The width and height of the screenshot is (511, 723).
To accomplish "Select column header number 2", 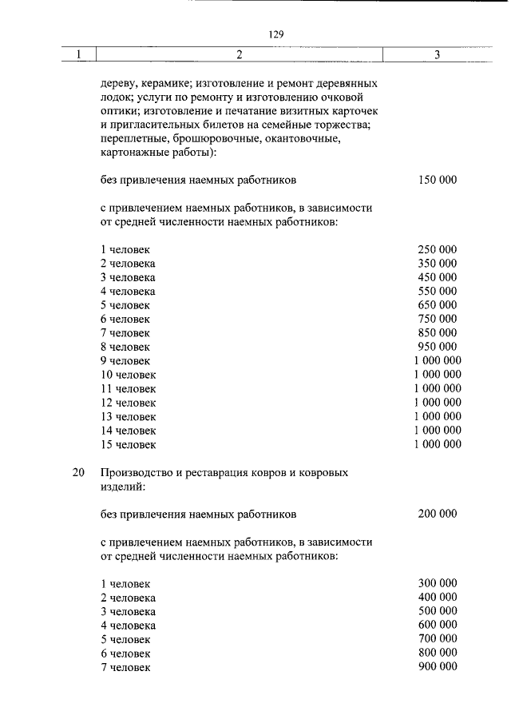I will (x=239, y=54).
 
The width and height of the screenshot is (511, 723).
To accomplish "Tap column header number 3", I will (x=437, y=54).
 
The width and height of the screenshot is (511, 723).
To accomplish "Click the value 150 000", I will (x=438, y=180).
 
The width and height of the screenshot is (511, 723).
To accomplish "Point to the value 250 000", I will (x=438, y=250).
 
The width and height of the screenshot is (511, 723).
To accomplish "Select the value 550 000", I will (x=438, y=292).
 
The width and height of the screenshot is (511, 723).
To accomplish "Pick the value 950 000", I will (x=438, y=347).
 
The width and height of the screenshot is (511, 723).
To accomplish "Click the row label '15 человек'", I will (x=129, y=444).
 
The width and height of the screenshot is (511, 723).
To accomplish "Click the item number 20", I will (x=78, y=472).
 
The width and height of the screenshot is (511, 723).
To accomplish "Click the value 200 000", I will (x=438, y=514).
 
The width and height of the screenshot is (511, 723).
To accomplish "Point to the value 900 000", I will (x=438, y=666).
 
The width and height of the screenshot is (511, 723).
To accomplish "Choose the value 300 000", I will (x=438, y=584).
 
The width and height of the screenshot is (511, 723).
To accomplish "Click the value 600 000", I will (x=438, y=625).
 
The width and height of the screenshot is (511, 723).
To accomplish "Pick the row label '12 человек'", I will (x=129, y=403).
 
